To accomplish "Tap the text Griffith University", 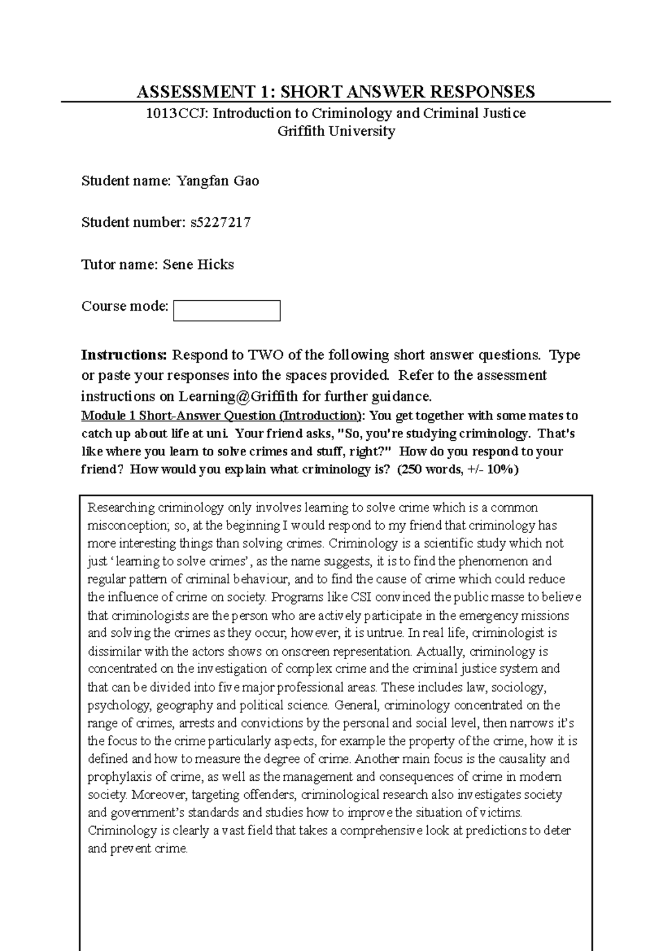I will pyautogui.click(x=336, y=132).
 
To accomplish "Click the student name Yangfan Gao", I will pyautogui.click(x=217, y=181).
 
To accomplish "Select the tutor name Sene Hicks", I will pyautogui.click(x=198, y=264).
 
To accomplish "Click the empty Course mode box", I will pyautogui.click(x=226, y=310).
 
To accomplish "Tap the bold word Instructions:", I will pyautogui.click(x=124, y=355).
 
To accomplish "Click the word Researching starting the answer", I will pyautogui.click(x=121, y=508).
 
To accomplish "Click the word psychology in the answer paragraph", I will pyautogui.click(x=118, y=705).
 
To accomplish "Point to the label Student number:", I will pyautogui.click(x=132, y=222).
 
